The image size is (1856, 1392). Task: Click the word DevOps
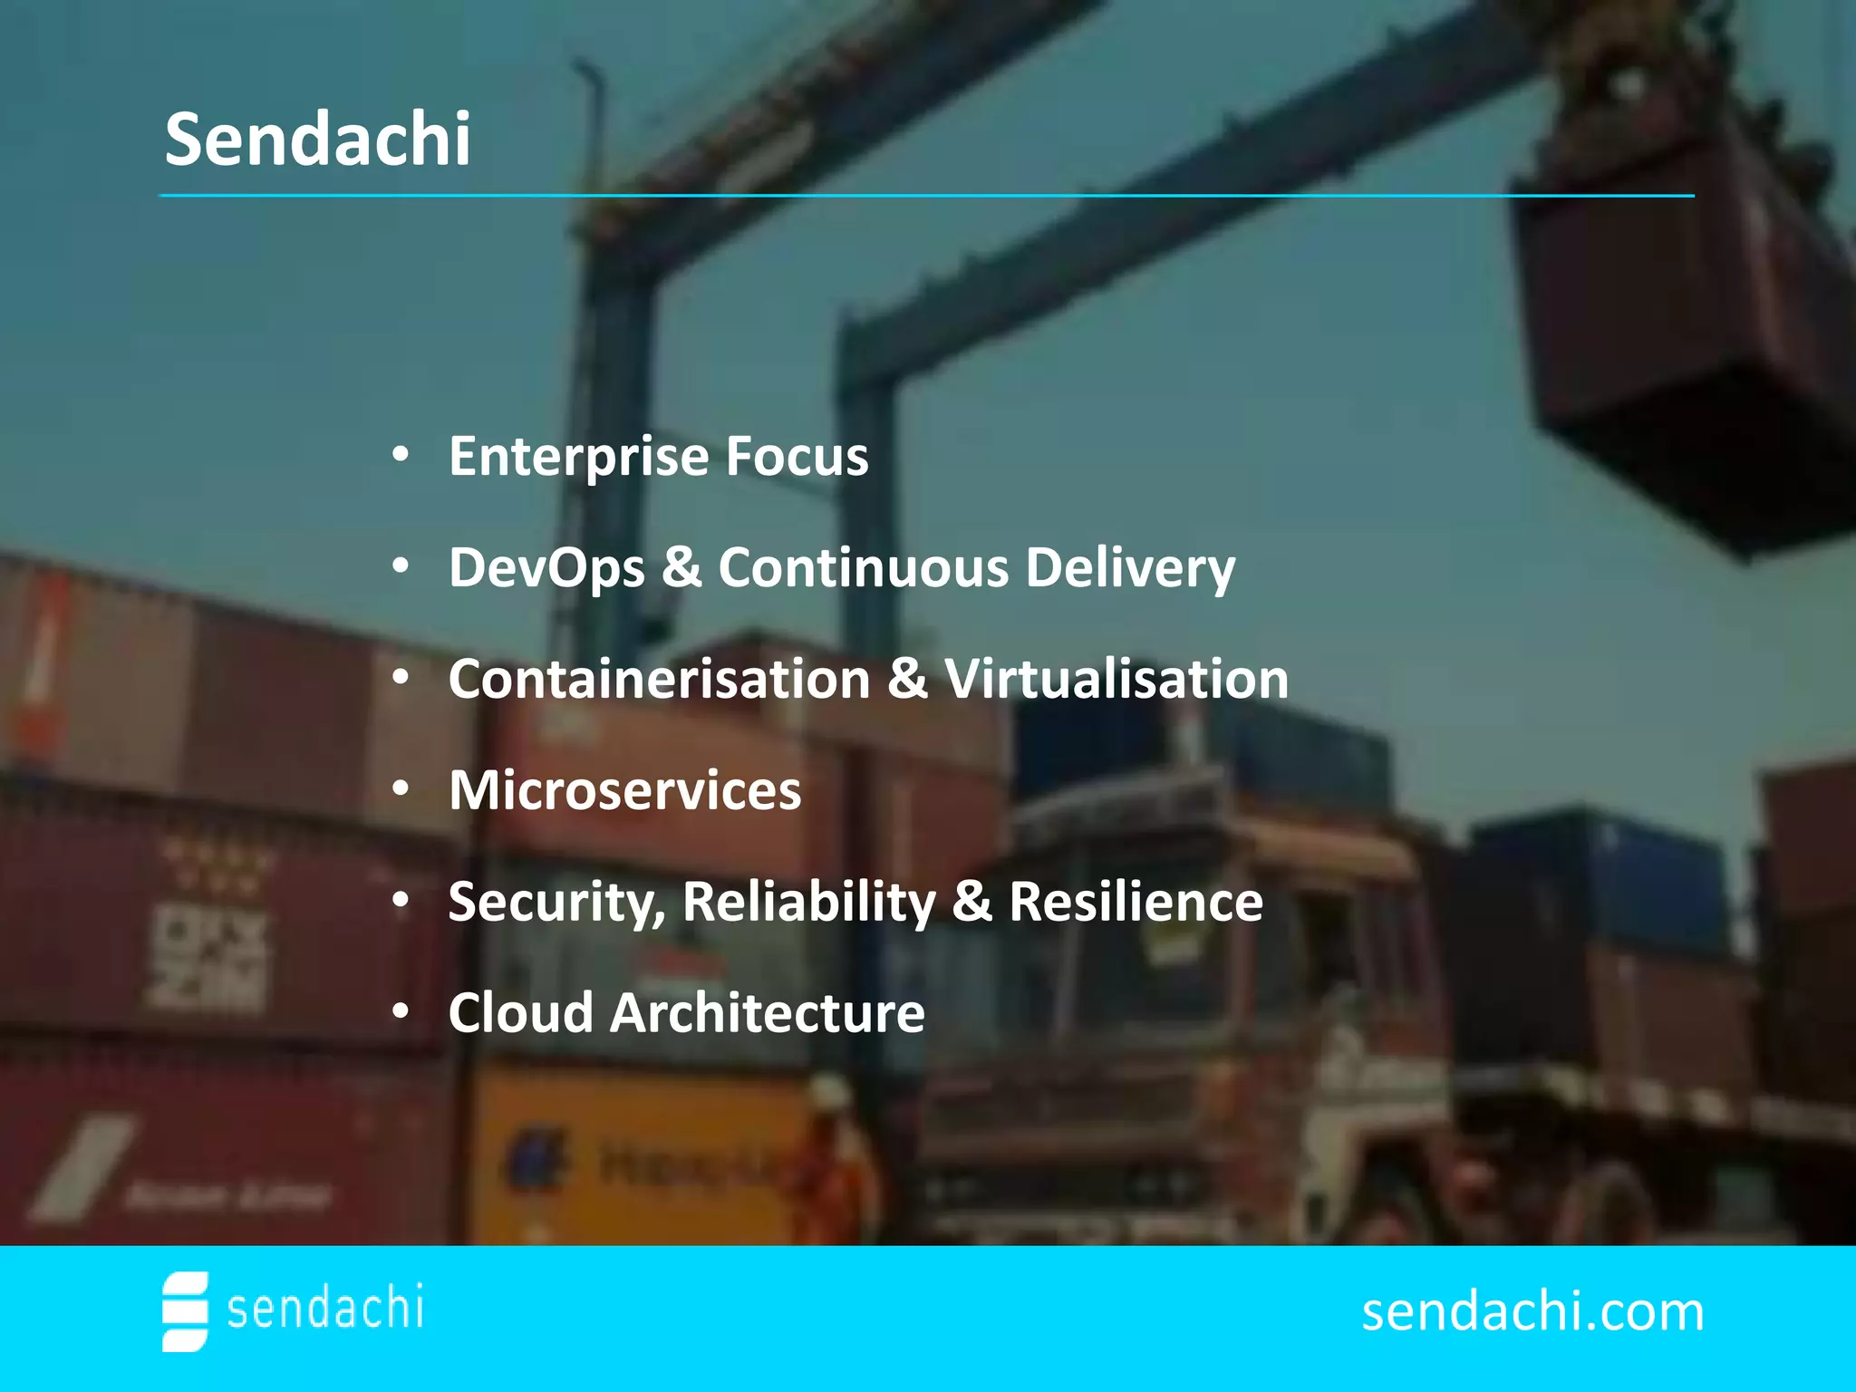click(546, 568)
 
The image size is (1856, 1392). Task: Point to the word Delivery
click(1130, 568)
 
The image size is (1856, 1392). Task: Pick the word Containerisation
click(659, 680)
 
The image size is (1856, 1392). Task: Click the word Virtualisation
click(1116, 680)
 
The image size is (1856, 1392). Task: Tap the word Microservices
click(625, 790)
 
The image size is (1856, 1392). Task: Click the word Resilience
click(1136, 902)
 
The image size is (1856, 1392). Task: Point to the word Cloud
click(521, 1012)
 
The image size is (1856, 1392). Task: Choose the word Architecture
click(768, 1012)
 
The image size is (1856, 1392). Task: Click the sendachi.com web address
click(1532, 1311)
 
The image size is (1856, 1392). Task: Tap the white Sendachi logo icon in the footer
click(185, 1311)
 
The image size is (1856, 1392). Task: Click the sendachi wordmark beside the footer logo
click(324, 1309)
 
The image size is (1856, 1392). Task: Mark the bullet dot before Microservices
click(401, 789)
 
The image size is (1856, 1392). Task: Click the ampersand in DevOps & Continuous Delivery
click(681, 568)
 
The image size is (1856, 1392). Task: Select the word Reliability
click(809, 903)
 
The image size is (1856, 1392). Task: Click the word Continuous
click(864, 568)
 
